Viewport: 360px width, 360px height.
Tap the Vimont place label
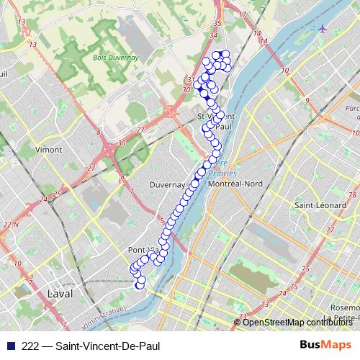pos(49,149)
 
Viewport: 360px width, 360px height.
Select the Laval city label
pos(60,294)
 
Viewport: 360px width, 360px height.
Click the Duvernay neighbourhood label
pos(167,184)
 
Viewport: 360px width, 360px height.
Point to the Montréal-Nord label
pos(235,184)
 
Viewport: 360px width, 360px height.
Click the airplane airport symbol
pos(322,29)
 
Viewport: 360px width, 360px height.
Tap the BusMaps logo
pos(325,345)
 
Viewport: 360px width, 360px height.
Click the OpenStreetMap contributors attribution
pos(297,323)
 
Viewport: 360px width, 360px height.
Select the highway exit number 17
pos(242,14)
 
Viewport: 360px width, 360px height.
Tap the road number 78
pos(354,195)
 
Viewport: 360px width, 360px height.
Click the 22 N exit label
pos(10,225)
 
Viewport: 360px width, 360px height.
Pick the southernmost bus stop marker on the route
pos(140,286)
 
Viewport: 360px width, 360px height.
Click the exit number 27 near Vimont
pos(91,168)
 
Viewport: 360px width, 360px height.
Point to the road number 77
pos(330,230)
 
